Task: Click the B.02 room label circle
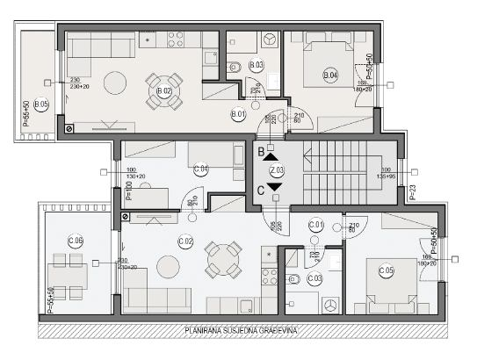(163, 90)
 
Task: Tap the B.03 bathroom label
(257, 65)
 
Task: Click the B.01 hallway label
(238, 113)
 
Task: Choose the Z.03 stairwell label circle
(277, 169)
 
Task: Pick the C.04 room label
(200, 169)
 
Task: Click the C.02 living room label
(184, 241)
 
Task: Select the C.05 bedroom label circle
(386, 270)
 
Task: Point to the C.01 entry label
(317, 227)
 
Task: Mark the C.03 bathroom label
(315, 279)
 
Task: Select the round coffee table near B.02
(115, 83)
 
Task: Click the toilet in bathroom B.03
(234, 67)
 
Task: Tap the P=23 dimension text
(413, 187)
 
